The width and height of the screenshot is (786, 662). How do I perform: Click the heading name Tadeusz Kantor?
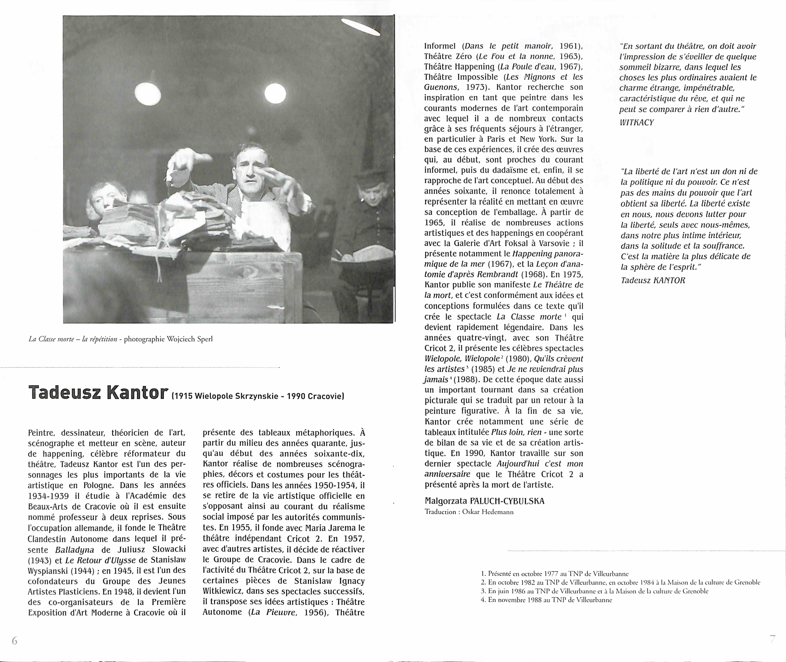point(98,392)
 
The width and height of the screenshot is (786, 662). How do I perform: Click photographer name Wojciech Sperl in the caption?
point(190,339)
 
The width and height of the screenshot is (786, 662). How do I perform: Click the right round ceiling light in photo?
point(275,93)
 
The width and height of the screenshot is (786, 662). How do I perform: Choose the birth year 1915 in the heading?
point(183,396)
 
